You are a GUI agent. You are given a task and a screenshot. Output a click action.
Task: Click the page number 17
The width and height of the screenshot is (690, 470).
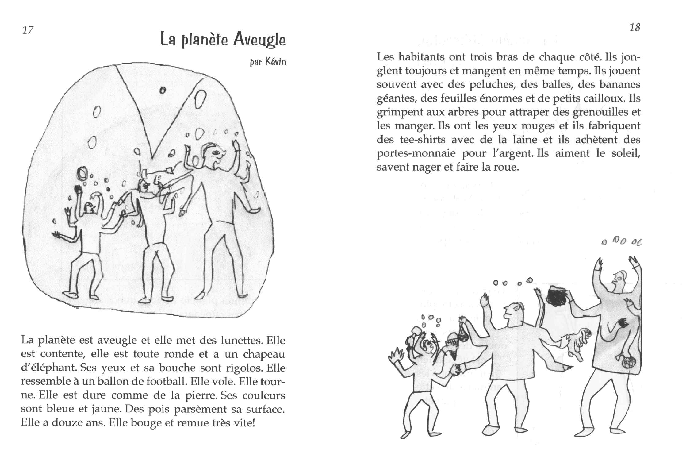point(28,30)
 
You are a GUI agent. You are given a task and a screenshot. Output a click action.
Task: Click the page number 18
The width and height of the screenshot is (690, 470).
point(635,28)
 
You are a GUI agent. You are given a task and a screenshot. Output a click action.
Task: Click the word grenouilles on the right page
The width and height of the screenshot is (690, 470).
point(601,112)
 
